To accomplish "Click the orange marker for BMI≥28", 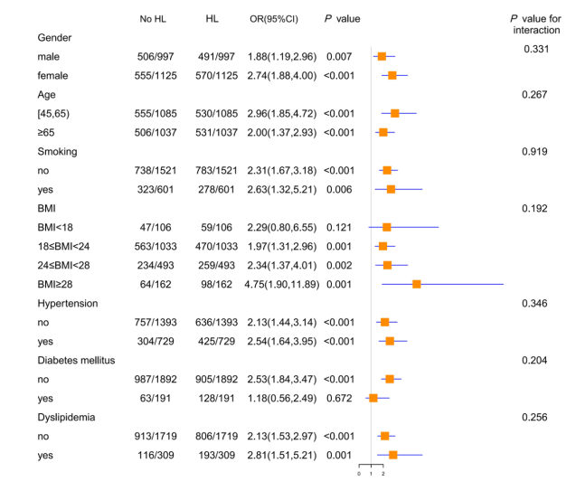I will point(417,284).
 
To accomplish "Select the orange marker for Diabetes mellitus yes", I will point(373,398).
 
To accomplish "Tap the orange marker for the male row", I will point(382,56).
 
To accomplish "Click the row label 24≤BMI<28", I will point(70,265).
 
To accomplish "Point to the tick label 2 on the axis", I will point(383,474).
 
